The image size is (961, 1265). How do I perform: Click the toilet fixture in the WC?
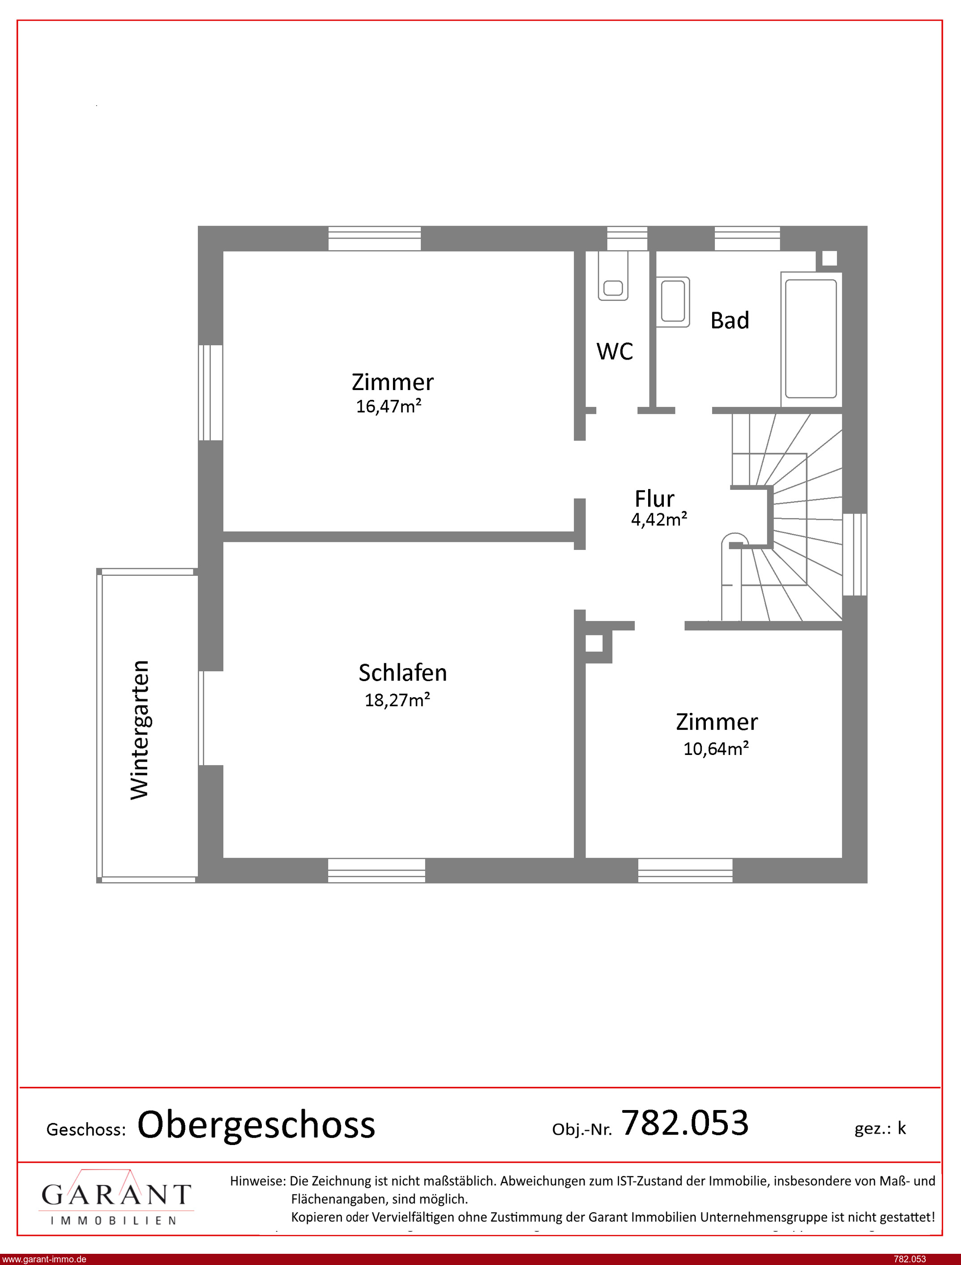pyautogui.click(x=613, y=276)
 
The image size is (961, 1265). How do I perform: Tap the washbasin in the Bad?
pyautogui.click(x=673, y=302)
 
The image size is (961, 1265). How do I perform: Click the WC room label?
pyautogui.click(x=615, y=352)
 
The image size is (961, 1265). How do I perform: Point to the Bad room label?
pyautogui.click(x=729, y=321)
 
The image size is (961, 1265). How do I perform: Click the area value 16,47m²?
pyautogui.click(x=389, y=406)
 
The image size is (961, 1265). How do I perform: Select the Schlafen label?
pyautogui.click(x=403, y=673)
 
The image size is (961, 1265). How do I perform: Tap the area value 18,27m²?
pyautogui.click(x=397, y=700)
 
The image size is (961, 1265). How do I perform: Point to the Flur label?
pyautogui.click(x=654, y=499)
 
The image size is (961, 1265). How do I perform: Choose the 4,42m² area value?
pyautogui.click(x=659, y=519)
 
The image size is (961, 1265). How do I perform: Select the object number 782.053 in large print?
pyautogui.click(x=685, y=1123)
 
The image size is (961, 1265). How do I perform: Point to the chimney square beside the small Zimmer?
pyautogui.click(x=594, y=643)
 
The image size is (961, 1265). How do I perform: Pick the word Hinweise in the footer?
pyautogui.click(x=257, y=1181)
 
